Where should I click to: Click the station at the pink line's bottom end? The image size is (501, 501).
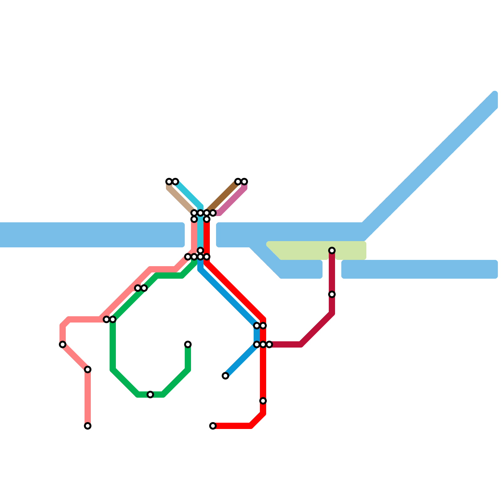pyautogui.click(x=88, y=426)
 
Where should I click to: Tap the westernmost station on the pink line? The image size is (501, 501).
pyautogui.click(x=63, y=344)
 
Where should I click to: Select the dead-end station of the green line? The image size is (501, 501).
pyautogui.click(x=188, y=344)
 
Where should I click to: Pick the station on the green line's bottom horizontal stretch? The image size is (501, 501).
pyautogui.click(x=150, y=395)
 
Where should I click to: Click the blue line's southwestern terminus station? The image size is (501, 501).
pyautogui.click(x=225, y=376)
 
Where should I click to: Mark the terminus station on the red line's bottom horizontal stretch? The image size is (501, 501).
pyautogui.click(x=213, y=426)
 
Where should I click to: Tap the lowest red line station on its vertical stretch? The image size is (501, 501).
pyautogui.click(x=263, y=401)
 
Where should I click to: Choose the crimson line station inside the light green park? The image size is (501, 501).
pyautogui.click(x=332, y=250)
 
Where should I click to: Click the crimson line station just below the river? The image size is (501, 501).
pyautogui.click(x=332, y=294)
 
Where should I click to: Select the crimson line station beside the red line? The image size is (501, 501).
pyautogui.click(x=269, y=344)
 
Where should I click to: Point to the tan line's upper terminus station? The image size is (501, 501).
pyautogui.click(x=169, y=182)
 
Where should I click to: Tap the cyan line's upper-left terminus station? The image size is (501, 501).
pyautogui.click(x=175, y=182)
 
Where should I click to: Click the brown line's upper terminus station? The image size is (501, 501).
pyautogui.click(x=238, y=182)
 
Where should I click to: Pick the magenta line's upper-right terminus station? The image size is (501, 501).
pyautogui.click(x=244, y=182)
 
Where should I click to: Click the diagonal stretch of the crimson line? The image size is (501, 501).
pyautogui.click(x=316, y=329)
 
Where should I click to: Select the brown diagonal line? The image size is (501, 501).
pyautogui.click(x=222, y=197)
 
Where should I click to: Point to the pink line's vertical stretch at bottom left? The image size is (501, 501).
pyautogui.click(x=88, y=398)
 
